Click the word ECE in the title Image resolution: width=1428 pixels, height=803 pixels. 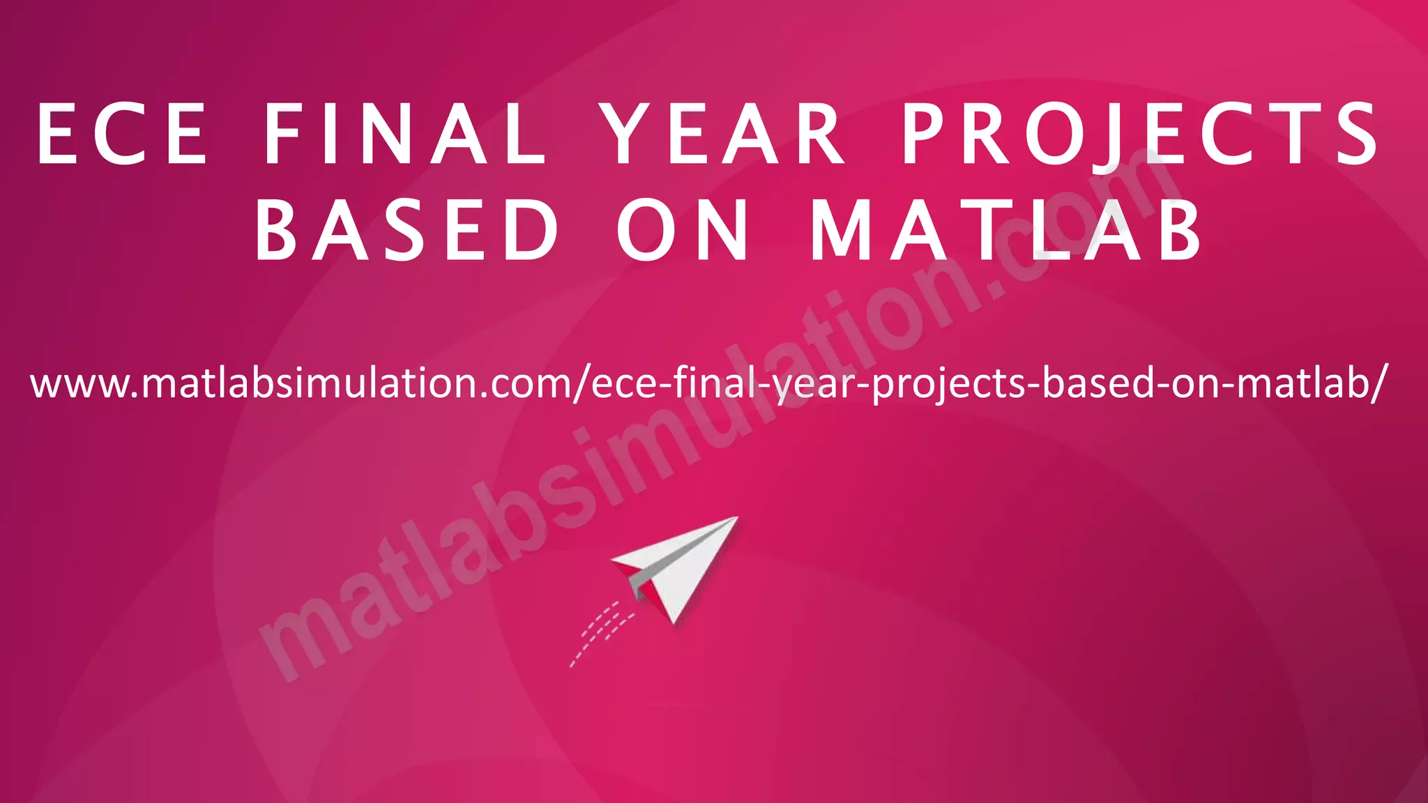(x=122, y=134)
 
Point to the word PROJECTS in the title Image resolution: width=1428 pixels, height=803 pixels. (x=1140, y=134)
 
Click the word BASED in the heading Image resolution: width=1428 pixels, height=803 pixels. (x=407, y=230)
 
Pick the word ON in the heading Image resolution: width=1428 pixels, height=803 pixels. (x=683, y=230)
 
